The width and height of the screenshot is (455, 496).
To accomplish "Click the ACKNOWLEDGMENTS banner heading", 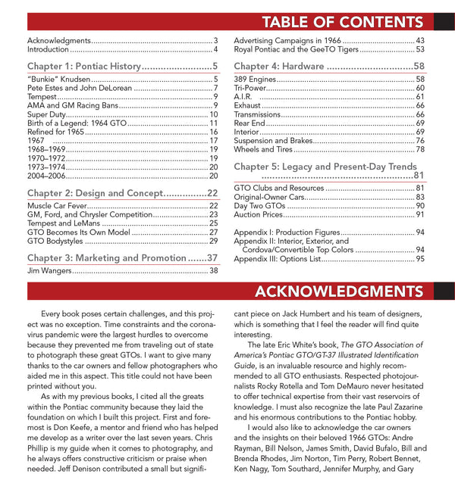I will pyautogui.click(x=350, y=292).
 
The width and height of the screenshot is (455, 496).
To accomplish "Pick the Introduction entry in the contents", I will pyautogui.click(x=48, y=50).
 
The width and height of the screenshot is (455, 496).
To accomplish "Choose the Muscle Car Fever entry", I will pyautogui.click(x=57, y=206).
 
